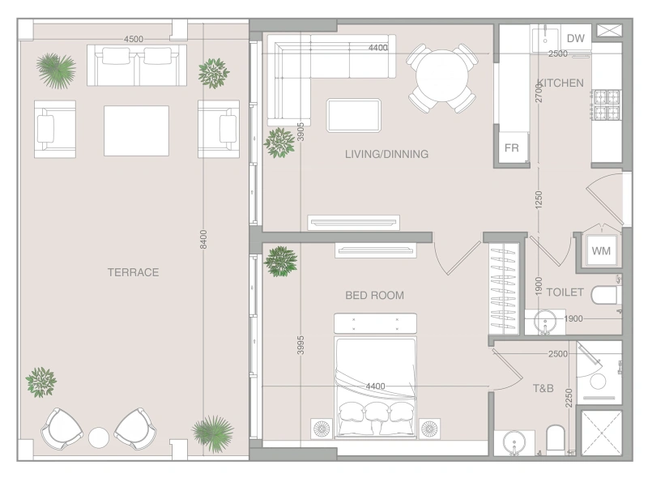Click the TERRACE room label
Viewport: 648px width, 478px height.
(x=133, y=272)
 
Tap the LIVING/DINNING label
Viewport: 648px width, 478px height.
(x=386, y=154)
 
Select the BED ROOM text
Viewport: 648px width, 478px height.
(x=374, y=295)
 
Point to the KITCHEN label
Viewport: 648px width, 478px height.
(x=561, y=83)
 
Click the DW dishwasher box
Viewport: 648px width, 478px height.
(x=576, y=38)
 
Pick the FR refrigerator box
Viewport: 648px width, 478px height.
(x=512, y=147)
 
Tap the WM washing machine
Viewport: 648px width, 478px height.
(x=601, y=250)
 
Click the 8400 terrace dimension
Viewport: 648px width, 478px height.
(x=203, y=239)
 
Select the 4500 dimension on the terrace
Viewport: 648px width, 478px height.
(x=134, y=39)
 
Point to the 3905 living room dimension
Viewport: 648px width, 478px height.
(x=301, y=131)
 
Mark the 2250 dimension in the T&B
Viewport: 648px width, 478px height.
(x=569, y=398)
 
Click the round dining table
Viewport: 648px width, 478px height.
(x=441, y=75)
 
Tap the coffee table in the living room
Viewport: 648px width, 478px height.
(x=354, y=115)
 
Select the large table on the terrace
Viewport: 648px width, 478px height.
(x=136, y=130)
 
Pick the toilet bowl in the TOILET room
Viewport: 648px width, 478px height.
(x=605, y=295)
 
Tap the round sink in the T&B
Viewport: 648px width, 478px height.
(x=514, y=444)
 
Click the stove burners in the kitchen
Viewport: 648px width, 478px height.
(x=607, y=105)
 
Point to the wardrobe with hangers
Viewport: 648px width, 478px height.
(x=504, y=288)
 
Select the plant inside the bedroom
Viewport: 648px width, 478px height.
(x=281, y=262)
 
